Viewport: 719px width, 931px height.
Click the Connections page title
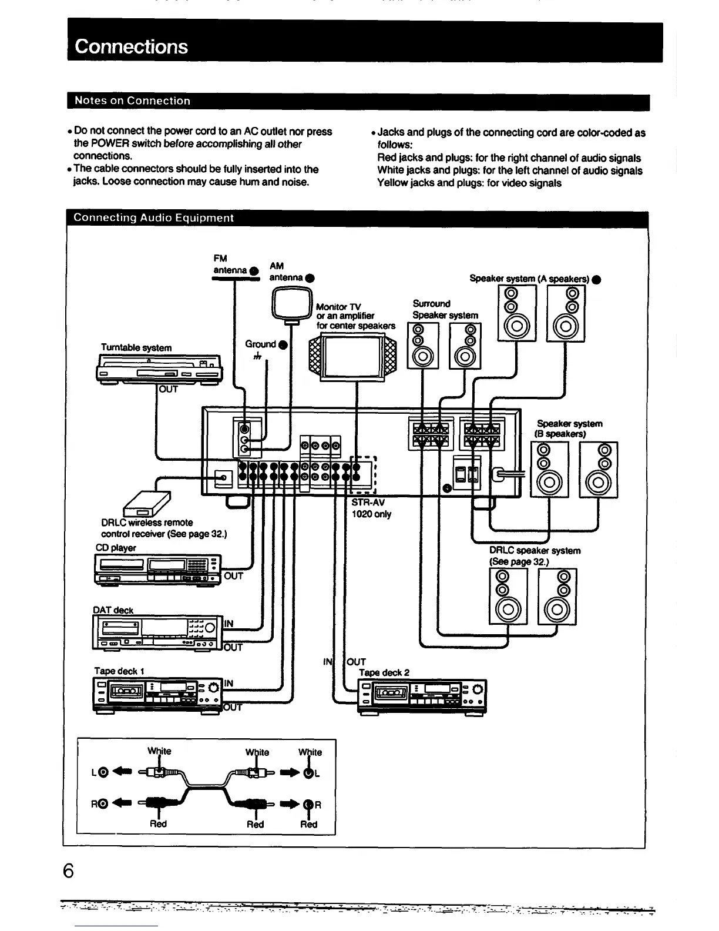pos(132,46)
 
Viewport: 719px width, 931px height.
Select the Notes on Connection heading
pos(132,101)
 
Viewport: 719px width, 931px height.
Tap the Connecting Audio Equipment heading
pos(153,218)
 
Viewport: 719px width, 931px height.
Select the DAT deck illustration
pos(157,632)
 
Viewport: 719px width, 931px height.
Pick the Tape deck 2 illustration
pos(422,696)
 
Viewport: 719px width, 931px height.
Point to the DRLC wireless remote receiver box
pos(146,503)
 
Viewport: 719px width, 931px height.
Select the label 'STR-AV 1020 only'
pos(371,508)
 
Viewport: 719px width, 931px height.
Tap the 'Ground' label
pos(261,344)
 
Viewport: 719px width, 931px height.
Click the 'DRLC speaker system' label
pos(535,551)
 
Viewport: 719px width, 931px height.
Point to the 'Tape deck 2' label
pos(384,672)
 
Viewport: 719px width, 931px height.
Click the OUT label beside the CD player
pos(233,576)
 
